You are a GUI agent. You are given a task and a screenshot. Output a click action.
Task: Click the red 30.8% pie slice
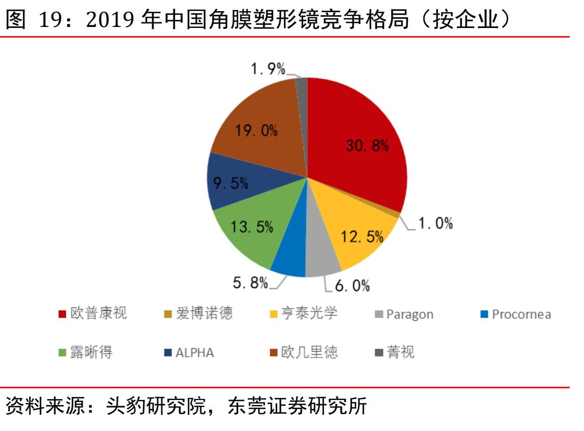coord(356,137)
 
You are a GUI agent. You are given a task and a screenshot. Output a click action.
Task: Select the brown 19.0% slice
coord(254,127)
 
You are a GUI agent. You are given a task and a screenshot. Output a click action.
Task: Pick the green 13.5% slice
coord(249,229)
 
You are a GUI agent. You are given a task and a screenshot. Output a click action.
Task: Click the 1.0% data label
coord(435,223)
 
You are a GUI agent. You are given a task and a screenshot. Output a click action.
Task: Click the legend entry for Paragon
coord(410,314)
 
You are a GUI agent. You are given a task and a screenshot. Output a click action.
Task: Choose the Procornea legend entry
coord(521,314)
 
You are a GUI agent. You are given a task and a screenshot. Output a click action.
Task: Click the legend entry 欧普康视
coord(99,314)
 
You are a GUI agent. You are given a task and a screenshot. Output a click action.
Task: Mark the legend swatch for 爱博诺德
coord(168,314)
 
